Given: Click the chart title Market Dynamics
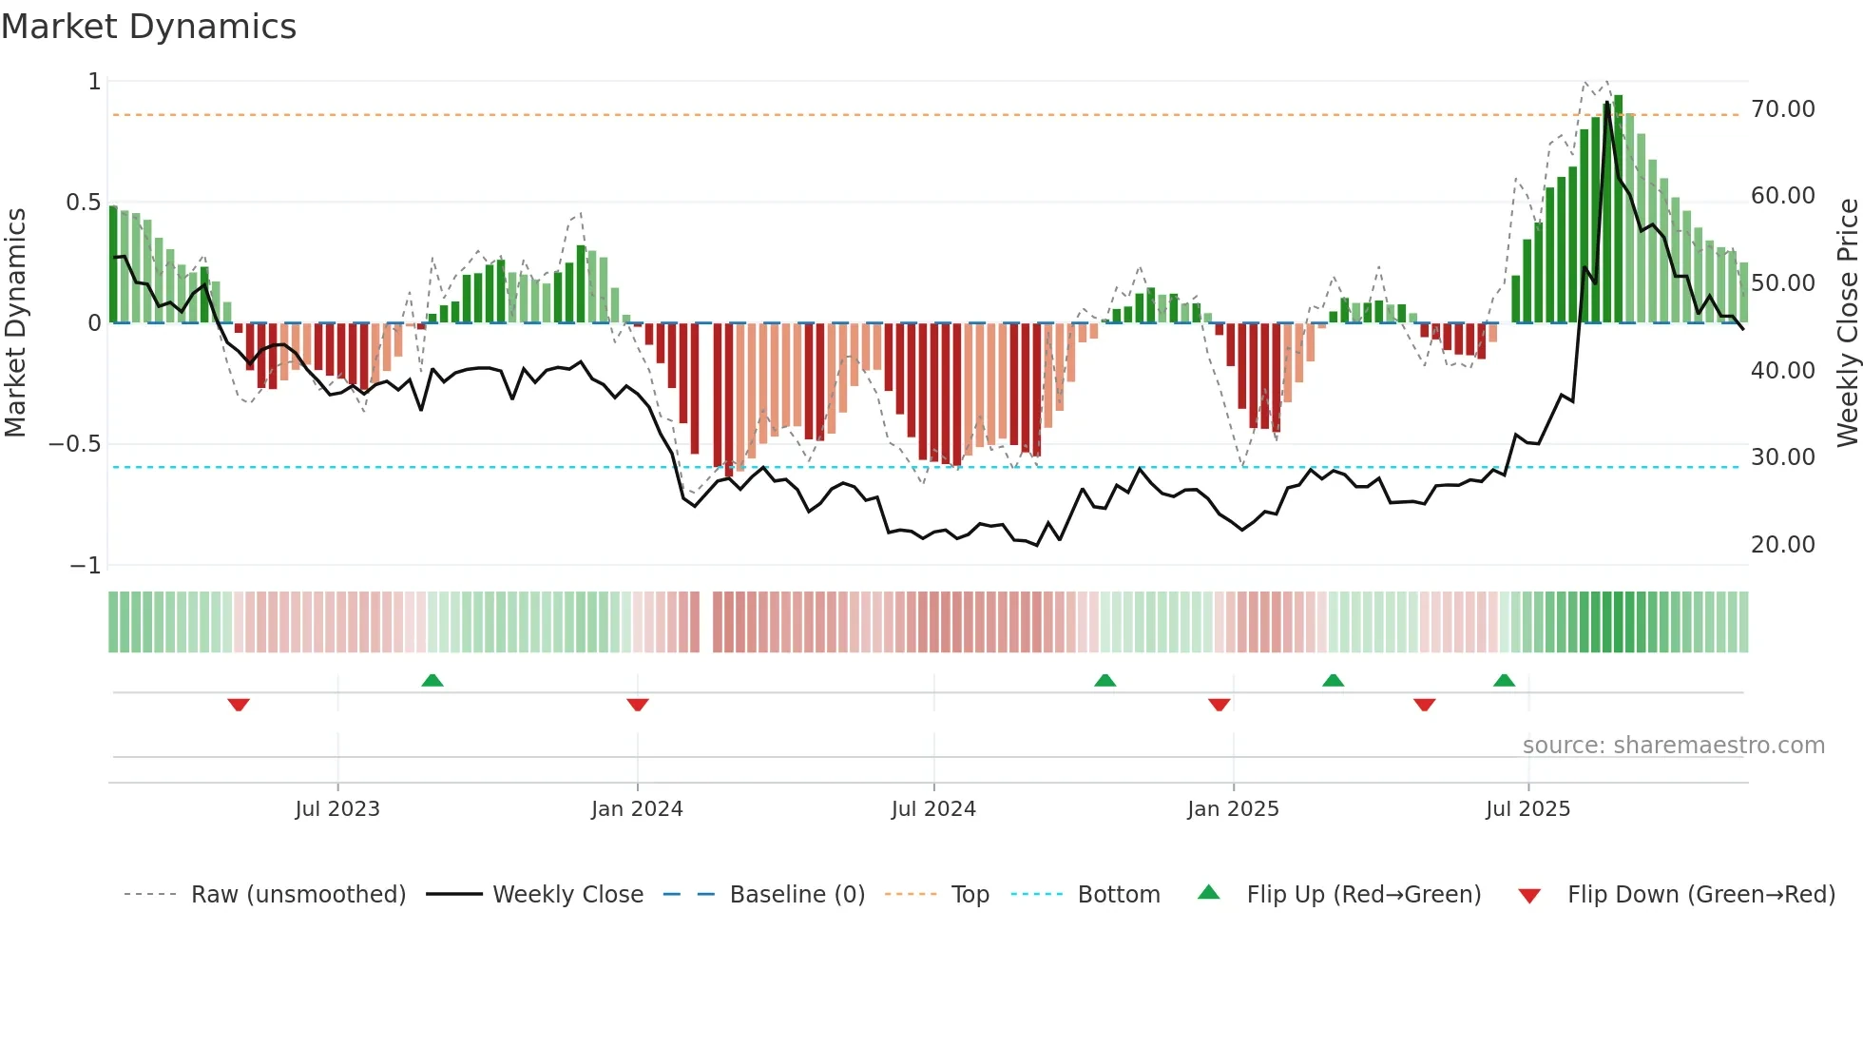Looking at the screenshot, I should (149, 27).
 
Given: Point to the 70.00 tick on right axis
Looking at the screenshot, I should (1782, 109).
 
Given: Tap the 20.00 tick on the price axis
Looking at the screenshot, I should (1782, 545).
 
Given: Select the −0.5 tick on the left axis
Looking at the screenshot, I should (74, 444).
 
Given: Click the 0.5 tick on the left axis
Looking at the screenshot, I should (83, 203).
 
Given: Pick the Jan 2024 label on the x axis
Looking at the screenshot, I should (637, 809).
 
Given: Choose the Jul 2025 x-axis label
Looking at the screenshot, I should (1527, 809).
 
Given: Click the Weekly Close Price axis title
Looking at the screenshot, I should (1847, 322).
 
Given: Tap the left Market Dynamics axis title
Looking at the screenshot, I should (16, 322).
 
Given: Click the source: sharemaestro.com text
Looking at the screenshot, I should (1673, 746).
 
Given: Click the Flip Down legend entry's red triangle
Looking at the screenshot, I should (1529, 896).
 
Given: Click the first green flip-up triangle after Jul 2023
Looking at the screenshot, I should (432, 680).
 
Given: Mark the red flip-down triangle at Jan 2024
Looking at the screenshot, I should (638, 705).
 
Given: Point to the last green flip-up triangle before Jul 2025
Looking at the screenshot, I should (1504, 680).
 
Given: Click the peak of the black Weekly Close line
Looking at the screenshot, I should (1607, 103).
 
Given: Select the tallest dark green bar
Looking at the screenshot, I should (1618, 209).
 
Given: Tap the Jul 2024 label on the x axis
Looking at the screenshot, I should (933, 809).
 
